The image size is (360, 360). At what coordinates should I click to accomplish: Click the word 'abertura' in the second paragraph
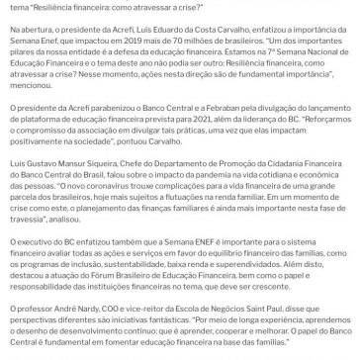[29, 34]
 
